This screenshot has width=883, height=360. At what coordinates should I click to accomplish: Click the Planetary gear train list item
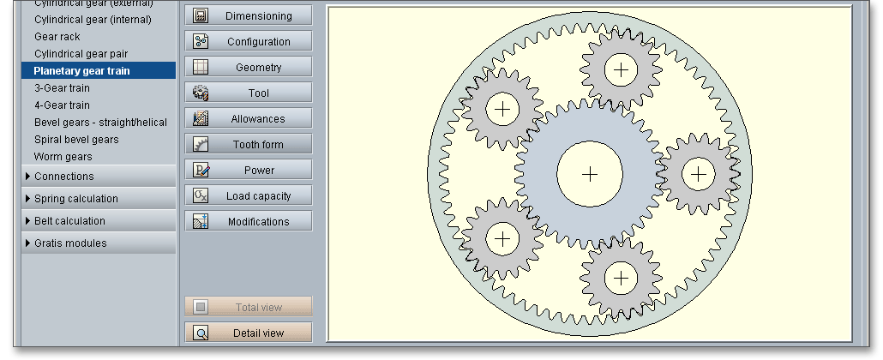[x=82, y=71]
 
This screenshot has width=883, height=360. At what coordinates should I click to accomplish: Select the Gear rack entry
[x=58, y=37]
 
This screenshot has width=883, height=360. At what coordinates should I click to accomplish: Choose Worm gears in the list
[x=63, y=157]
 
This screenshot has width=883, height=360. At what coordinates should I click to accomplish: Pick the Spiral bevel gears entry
[x=76, y=140]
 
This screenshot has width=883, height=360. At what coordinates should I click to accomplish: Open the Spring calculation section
[x=76, y=199]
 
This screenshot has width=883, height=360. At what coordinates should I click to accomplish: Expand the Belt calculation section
[x=69, y=221]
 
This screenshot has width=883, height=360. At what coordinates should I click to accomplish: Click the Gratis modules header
[x=70, y=243]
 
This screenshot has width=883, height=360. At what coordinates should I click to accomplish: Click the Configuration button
[x=249, y=41]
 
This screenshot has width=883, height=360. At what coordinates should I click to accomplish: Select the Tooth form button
[x=249, y=144]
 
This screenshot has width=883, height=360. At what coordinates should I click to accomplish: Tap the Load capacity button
[x=249, y=195]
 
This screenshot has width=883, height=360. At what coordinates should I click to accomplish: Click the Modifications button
[x=249, y=221]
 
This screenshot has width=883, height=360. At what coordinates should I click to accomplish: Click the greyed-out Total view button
[x=249, y=307]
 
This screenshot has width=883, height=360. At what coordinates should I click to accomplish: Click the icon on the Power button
[x=201, y=170]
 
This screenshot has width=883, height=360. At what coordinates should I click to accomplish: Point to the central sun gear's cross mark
[x=590, y=174]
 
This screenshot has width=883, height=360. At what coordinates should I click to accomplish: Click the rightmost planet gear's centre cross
[x=700, y=174]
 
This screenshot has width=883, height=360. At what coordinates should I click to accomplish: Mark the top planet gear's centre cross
[x=621, y=69]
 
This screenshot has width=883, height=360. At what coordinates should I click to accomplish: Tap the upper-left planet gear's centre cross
[x=503, y=109]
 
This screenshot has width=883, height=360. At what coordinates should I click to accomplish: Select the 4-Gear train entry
[x=62, y=105]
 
